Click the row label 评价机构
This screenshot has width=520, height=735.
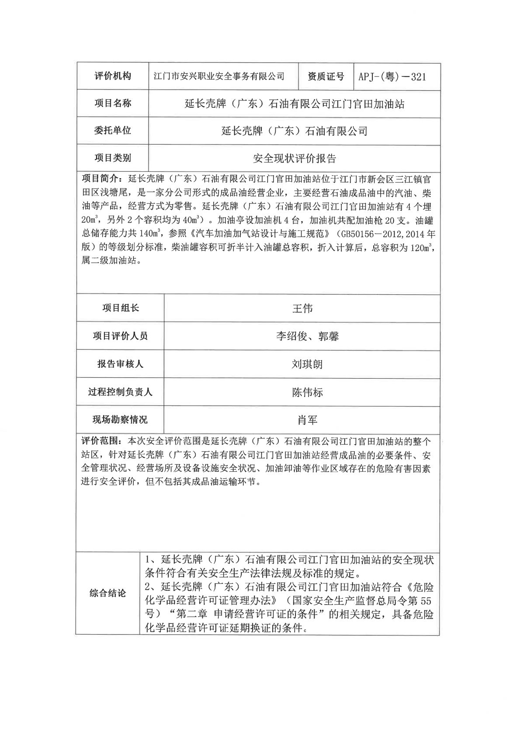(x=113, y=76)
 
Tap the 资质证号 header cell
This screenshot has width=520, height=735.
(x=326, y=76)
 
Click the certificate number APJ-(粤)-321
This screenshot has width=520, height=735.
(x=392, y=77)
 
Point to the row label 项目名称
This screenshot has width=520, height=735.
(x=113, y=104)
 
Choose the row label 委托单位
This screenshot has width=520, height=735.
(x=113, y=130)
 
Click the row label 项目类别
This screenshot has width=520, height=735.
(x=113, y=158)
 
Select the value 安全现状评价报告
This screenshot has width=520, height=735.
(x=295, y=158)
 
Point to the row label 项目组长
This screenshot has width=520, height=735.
(x=121, y=308)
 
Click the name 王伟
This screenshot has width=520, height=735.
(x=302, y=308)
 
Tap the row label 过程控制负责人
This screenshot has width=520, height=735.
(x=120, y=391)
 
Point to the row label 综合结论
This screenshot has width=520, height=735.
(x=107, y=593)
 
